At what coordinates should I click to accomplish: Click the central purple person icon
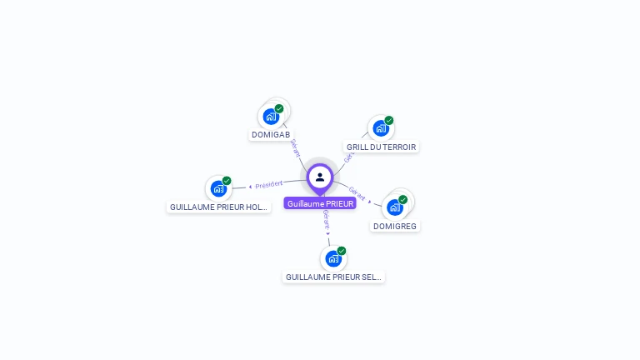tap(320, 177)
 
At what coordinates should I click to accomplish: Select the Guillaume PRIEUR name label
tap(320, 203)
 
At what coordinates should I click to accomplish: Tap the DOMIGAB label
tap(271, 134)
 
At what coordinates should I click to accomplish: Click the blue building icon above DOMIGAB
tap(270, 117)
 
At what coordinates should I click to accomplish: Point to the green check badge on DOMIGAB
tap(279, 108)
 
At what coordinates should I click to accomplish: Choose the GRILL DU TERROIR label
tap(381, 147)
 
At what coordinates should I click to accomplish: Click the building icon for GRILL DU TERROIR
tap(380, 128)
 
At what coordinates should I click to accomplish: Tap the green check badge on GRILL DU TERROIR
tap(389, 120)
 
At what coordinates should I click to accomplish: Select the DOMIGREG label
tap(395, 226)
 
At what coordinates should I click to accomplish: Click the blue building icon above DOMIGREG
tap(394, 207)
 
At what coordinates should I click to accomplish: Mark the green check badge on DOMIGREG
tap(403, 199)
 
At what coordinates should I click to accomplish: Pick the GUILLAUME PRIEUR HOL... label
tap(219, 207)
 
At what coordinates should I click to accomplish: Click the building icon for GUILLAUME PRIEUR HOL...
tap(217, 189)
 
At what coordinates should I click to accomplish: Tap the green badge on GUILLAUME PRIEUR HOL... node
tap(227, 181)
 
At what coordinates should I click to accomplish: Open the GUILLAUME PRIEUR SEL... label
tap(333, 277)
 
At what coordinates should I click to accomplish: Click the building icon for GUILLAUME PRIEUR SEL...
tap(332, 259)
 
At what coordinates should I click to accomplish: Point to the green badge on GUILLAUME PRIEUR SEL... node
tap(342, 251)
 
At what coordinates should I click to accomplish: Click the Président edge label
tap(269, 184)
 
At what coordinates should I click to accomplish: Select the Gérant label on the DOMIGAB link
tap(294, 147)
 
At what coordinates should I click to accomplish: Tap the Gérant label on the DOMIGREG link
tap(357, 193)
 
